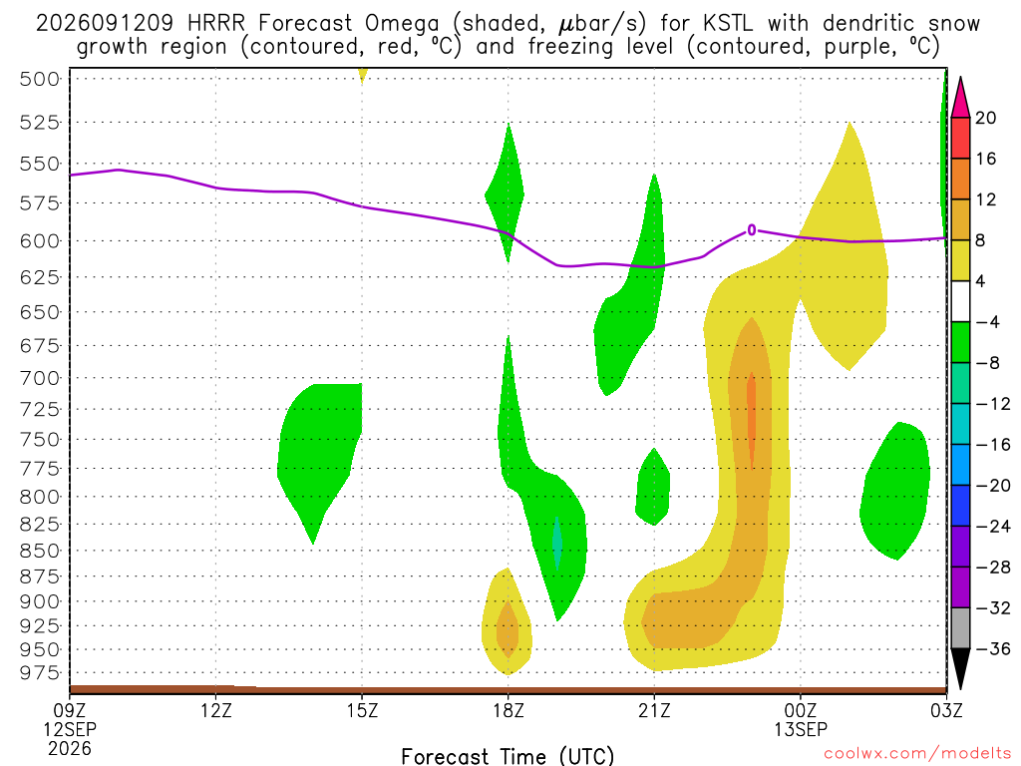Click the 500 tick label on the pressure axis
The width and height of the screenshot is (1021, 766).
pyautogui.click(x=40, y=80)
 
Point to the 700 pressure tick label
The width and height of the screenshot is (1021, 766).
pyautogui.click(x=40, y=378)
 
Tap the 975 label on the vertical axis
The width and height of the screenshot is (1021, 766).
pyautogui.click(x=40, y=673)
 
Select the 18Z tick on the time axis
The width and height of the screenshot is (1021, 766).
pyautogui.click(x=509, y=710)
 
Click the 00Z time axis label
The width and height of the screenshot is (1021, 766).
pyautogui.click(x=801, y=710)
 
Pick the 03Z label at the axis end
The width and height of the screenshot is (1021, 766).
pyautogui.click(x=946, y=710)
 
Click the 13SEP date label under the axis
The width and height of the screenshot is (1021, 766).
pyautogui.click(x=801, y=729)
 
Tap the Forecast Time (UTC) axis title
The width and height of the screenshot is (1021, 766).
pyautogui.click(x=508, y=756)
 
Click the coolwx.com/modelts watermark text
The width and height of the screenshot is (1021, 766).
pyautogui.click(x=917, y=754)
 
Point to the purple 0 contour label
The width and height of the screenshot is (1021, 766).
pyautogui.click(x=752, y=230)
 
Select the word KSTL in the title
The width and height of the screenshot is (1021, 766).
pyautogui.click(x=728, y=24)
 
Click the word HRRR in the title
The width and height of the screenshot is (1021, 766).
pyautogui.click(x=215, y=24)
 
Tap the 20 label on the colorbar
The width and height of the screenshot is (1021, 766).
pyautogui.click(x=985, y=118)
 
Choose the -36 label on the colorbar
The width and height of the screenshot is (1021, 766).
pyautogui.click(x=993, y=648)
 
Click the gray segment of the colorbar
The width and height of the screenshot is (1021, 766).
pyautogui.click(x=960, y=628)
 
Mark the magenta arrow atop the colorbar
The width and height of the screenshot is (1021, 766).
pyautogui.click(x=960, y=97)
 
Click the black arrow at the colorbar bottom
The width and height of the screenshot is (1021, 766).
pyautogui.click(x=960, y=669)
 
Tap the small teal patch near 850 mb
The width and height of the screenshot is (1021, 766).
pyautogui.click(x=557, y=543)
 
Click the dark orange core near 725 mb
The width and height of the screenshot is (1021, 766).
pyautogui.click(x=752, y=420)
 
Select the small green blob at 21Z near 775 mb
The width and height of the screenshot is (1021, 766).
pyautogui.click(x=653, y=487)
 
